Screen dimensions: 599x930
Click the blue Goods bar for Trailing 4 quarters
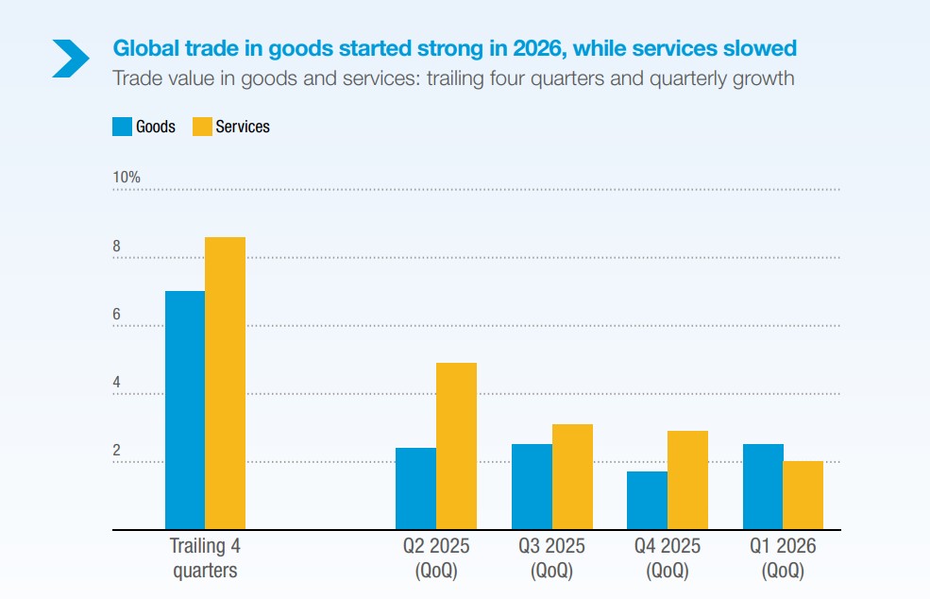(x=185, y=410)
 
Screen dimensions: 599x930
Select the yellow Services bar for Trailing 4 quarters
(x=226, y=383)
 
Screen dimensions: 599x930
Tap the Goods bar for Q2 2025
(x=416, y=488)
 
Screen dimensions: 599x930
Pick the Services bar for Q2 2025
(x=456, y=446)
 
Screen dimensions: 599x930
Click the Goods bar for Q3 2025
(x=532, y=487)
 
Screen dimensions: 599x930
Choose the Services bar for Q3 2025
(x=572, y=477)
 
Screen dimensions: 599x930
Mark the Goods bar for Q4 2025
(x=648, y=501)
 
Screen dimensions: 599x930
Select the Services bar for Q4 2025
(x=687, y=480)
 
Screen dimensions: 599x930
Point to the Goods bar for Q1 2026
(x=763, y=487)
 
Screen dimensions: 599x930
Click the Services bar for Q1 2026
(x=803, y=495)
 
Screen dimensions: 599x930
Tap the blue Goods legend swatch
(x=122, y=127)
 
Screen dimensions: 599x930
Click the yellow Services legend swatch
(x=202, y=127)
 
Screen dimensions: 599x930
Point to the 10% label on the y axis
(x=127, y=178)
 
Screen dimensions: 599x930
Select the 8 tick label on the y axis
(x=117, y=247)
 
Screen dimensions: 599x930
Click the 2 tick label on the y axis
(x=117, y=451)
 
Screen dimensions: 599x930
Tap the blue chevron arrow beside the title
(x=71, y=57)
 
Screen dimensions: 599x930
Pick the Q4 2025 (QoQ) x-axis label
(x=668, y=558)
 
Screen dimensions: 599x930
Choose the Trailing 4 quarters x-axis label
(x=205, y=558)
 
